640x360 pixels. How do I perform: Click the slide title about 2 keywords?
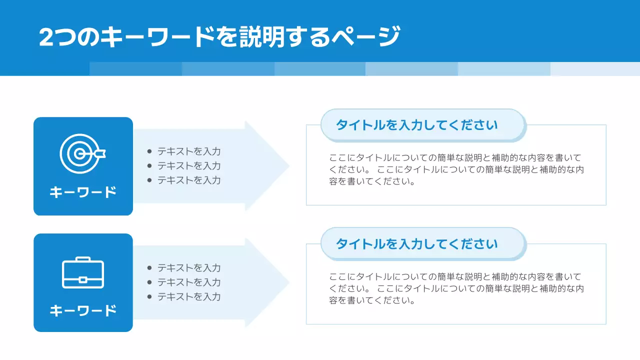219,37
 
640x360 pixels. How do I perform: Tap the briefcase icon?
83,273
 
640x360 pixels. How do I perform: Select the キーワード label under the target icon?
83,192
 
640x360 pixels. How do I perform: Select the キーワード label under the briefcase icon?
83,310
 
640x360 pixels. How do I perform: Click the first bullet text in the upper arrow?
189,151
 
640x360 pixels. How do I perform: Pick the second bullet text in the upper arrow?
189,166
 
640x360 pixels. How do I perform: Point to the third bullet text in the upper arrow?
189,180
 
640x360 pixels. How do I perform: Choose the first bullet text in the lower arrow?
189,268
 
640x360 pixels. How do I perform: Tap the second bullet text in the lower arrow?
189,282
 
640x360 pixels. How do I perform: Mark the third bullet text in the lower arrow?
189,296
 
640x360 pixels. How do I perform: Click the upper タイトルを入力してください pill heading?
416,125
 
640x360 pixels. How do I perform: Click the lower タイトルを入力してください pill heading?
416,244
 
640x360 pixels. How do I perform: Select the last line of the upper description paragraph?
372,181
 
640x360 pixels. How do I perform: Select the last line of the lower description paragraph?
372,300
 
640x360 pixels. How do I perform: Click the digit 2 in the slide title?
46,37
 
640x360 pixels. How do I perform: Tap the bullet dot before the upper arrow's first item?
149,151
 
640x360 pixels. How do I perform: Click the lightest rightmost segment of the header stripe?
595,69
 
